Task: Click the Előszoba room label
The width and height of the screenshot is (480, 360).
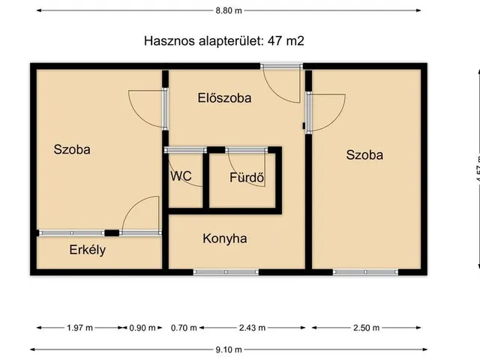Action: pos(224,97)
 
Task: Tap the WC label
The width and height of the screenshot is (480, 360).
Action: pos(181,177)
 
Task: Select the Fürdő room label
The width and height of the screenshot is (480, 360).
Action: pos(247,178)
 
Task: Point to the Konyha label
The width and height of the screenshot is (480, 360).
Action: pos(225,239)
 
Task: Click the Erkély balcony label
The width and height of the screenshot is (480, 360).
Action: pos(88,250)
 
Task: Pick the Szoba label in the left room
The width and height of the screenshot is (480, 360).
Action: pos(72,149)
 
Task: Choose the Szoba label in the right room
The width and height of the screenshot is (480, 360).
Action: pos(364,155)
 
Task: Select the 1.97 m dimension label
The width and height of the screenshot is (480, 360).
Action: pos(79,328)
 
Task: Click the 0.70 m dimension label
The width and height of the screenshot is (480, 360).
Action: pos(183,328)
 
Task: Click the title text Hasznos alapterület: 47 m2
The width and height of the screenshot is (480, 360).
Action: pos(224,40)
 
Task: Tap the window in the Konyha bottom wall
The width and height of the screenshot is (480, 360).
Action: pos(226,271)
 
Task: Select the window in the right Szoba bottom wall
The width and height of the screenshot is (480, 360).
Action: pos(365,271)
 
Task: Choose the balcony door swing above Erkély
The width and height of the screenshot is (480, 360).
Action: pos(142,214)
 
